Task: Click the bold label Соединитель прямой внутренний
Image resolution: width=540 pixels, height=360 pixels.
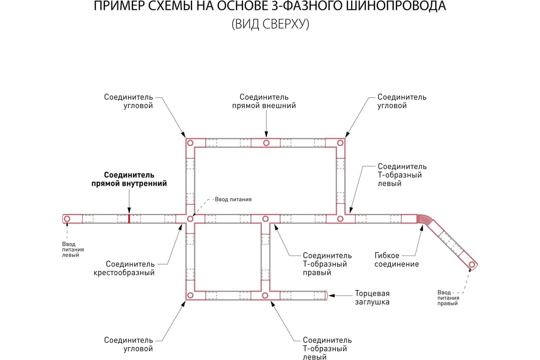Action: click(129, 179)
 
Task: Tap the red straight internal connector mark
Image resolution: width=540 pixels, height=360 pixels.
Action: click(129, 219)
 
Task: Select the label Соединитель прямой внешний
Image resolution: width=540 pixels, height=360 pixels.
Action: click(264, 101)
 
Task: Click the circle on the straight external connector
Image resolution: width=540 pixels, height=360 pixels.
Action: click(266, 143)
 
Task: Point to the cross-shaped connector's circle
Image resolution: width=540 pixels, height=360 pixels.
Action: click(190, 219)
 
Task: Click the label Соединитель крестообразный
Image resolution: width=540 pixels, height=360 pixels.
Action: click(124, 268)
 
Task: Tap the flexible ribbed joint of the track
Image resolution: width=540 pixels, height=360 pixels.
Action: click(425, 220)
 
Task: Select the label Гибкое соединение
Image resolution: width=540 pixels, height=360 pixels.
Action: click(396, 260)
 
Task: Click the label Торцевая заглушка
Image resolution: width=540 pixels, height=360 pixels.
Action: click(372, 297)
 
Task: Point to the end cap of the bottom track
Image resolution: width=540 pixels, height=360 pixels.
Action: click(326, 295)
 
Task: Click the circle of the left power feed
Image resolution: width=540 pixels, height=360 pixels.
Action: click(67, 219)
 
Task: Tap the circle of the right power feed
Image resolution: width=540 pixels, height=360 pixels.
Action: click(472, 265)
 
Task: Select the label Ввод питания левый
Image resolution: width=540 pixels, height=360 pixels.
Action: click(73, 250)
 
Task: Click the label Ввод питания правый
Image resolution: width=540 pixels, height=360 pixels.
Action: click(448, 298)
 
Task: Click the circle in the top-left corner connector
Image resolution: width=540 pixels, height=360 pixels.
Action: click(190, 143)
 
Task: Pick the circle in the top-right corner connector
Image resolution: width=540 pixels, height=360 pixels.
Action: click(340, 143)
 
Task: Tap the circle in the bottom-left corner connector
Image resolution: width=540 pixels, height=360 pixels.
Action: click(190, 295)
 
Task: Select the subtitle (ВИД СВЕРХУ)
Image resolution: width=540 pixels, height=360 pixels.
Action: click(270, 24)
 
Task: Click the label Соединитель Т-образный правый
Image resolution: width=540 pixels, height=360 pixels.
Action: click(327, 264)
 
